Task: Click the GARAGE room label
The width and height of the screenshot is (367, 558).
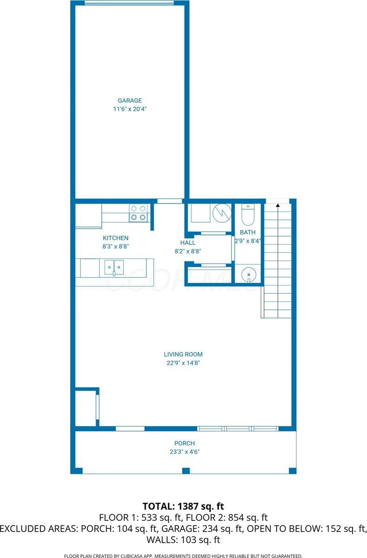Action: (x=130, y=100)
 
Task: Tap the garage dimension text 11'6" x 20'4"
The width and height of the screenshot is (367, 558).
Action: (x=130, y=109)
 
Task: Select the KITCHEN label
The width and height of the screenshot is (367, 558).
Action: (x=116, y=238)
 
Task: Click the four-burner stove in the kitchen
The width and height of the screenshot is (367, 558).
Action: (x=138, y=213)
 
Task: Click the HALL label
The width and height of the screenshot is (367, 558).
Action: (x=188, y=243)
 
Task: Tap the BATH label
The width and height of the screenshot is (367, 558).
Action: (x=248, y=232)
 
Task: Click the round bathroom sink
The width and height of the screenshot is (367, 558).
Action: (x=249, y=276)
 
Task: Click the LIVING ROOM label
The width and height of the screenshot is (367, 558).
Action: (x=183, y=354)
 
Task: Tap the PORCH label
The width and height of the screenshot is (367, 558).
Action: (x=184, y=443)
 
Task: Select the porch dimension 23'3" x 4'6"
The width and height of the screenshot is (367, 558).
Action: (x=184, y=452)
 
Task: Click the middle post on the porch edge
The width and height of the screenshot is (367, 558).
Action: (x=186, y=471)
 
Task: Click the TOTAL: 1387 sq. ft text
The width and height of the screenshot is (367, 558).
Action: (x=183, y=506)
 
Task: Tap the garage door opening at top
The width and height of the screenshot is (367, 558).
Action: (x=129, y=3)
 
